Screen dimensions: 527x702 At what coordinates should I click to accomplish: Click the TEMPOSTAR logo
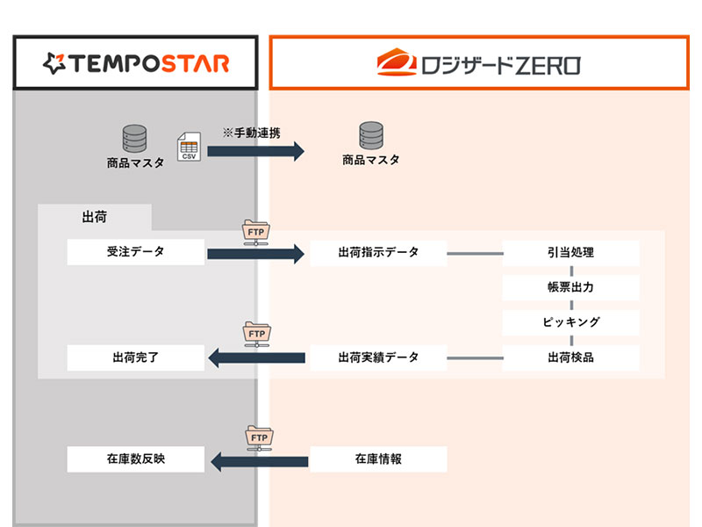tap(136, 62)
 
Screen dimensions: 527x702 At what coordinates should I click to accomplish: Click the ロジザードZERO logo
tap(478, 63)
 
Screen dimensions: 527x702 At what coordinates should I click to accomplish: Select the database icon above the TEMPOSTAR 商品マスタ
tap(134, 138)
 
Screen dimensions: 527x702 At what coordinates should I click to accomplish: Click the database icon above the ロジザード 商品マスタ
tap(371, 136)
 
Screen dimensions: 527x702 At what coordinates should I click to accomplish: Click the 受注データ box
tap(136, 253)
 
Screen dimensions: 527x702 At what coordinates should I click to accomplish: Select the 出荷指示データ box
tap(378, 253)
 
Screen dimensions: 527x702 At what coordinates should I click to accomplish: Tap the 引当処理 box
tap(570, 253)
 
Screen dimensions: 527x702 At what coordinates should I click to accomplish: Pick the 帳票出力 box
tap(570, 287)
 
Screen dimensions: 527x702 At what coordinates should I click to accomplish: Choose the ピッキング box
tap(570, 322)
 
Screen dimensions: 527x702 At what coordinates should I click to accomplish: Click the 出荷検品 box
tap(570, 357)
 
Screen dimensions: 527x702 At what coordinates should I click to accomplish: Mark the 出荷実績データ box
tap(378, 357)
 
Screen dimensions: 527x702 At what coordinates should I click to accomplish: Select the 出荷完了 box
tap(136, 357)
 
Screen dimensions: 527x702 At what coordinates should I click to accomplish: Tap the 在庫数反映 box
tap(136, 458)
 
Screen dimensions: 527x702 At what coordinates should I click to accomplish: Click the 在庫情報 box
tap(378, 458)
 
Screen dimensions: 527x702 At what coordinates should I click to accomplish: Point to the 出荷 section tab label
tap(94, 217)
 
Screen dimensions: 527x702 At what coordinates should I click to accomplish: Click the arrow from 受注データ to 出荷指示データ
tap(255, 254)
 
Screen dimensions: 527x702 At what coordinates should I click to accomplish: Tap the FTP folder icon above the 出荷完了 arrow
tap(256, 335)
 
